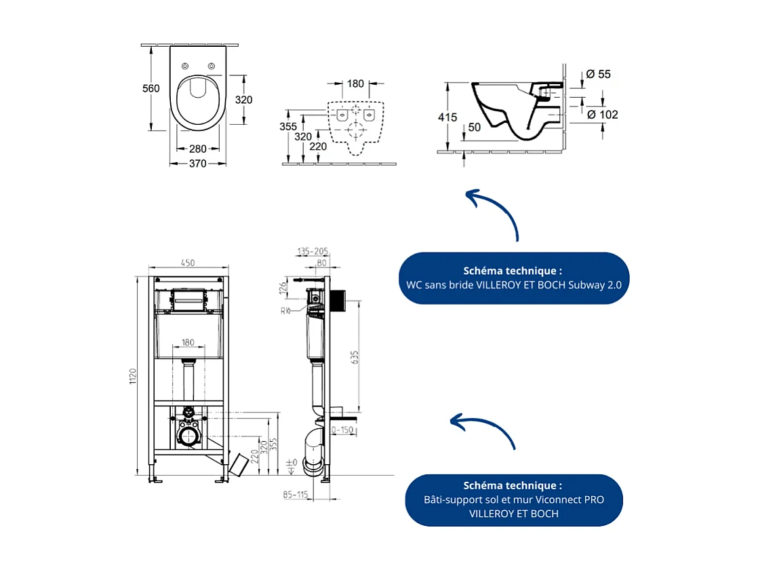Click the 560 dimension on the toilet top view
pos(151,89)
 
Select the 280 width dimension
pos(197,149)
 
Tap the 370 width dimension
pos(197,164)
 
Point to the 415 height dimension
pos(448,117)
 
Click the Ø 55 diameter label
pos(598,74)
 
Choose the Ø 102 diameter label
pos(601,115)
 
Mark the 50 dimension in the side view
pos(473,127)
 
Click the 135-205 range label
pos(313,251)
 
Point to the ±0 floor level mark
pos(292,463)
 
